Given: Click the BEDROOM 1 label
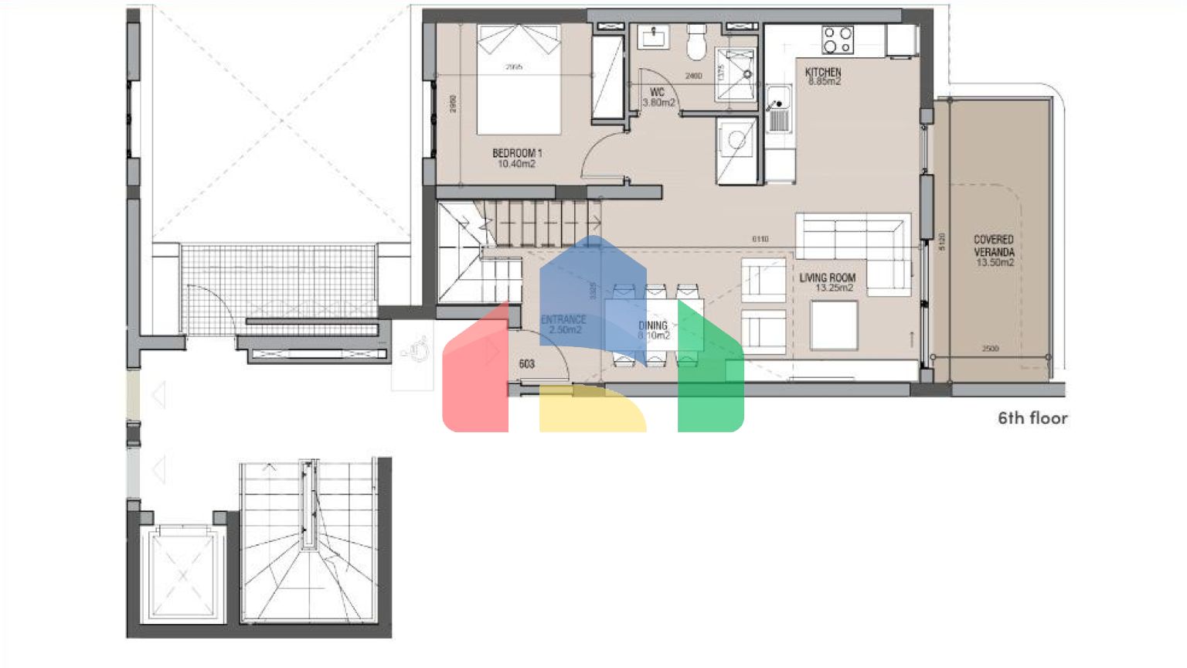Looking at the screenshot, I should pos(517,153).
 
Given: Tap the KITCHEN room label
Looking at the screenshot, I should pos(823,72).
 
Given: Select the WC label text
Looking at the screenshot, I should pos(658,92).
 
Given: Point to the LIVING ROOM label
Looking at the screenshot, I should pos(827,278).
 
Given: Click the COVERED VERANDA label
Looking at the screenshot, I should pos(993,246).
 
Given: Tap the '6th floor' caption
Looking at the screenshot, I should pos(1032,418).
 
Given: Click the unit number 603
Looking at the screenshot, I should pos(527,363).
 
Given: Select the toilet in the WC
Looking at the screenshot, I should pos(697,43).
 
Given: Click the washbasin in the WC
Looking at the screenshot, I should pos(655,36).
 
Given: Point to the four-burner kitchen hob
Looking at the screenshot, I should pos(837,39).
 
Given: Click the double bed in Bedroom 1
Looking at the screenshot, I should pos(518,77).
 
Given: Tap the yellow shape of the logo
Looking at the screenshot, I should pos(592,409).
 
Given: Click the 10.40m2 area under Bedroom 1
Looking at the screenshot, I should pos(516,164).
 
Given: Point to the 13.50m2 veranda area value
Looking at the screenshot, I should pos(995,263).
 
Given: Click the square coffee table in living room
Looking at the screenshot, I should pos(834,325).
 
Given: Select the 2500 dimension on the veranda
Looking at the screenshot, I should pos(990,349).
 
